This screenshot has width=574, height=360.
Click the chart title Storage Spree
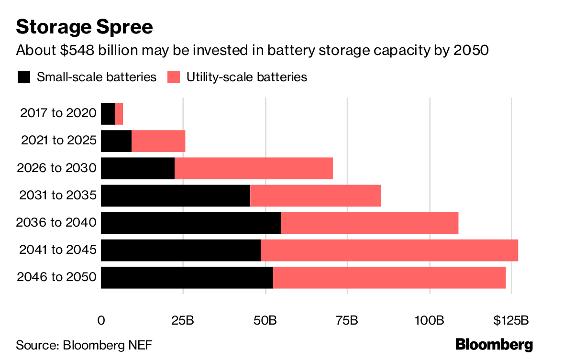[x=85, y=27]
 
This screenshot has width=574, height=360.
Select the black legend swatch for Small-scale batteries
[x=24, y=77]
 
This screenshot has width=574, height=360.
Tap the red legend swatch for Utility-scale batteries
[x=174, y=77]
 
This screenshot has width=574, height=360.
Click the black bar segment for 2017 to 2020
[x=108, y=113]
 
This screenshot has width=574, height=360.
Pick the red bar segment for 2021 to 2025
[x=158, y=141]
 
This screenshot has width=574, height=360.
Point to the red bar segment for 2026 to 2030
[x=254, y=168]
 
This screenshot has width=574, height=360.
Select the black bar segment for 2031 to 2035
[x=176, y=196]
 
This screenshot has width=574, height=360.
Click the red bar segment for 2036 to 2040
[x=369, y=223]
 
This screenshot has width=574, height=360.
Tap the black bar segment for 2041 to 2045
[x=181, y=250]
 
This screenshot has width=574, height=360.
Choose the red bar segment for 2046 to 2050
[x=389, y=277]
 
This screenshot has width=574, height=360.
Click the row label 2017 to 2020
[x=58, y=113]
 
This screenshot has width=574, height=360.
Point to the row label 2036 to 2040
[x=56, y=223]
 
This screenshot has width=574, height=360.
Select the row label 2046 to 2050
[x=56, y=277]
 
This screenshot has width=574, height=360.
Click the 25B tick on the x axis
[x=183, y=320]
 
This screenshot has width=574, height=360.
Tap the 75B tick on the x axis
[x=347, y=320]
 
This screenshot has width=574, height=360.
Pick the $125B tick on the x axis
[x=511, y=320]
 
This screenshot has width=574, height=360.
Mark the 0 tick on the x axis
[x=101, y=320]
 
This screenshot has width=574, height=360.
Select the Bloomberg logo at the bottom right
[x=494, y=344]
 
